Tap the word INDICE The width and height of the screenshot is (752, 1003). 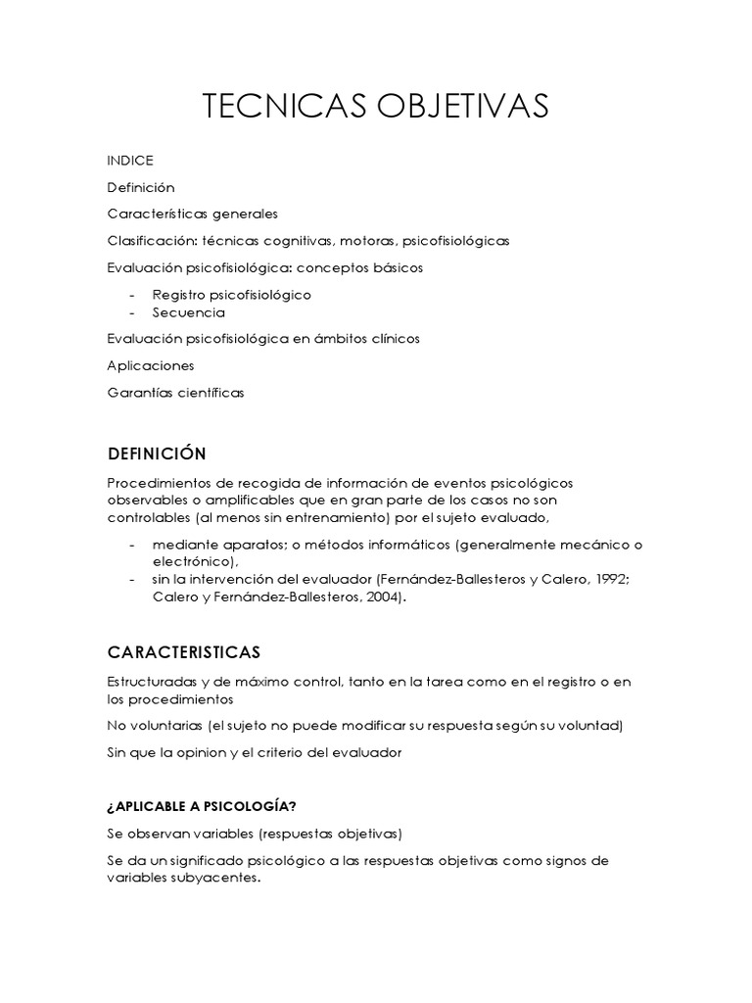tap(130, 161)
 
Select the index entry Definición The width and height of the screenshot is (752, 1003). tap(140, 187)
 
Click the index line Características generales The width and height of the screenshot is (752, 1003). tap(192, 214)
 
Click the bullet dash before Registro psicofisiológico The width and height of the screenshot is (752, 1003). tap(132, 295)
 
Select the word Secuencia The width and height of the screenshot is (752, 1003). tap(188, 313)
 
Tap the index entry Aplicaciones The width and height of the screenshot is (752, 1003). tap(150, 365)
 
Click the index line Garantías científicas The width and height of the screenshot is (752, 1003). tap(175, 393)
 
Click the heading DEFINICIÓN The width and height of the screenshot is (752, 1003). tap(157, 454)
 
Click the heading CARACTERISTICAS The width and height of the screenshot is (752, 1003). tap(183, 652)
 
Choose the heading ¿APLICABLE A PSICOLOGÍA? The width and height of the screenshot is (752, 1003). tap(202, 806)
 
